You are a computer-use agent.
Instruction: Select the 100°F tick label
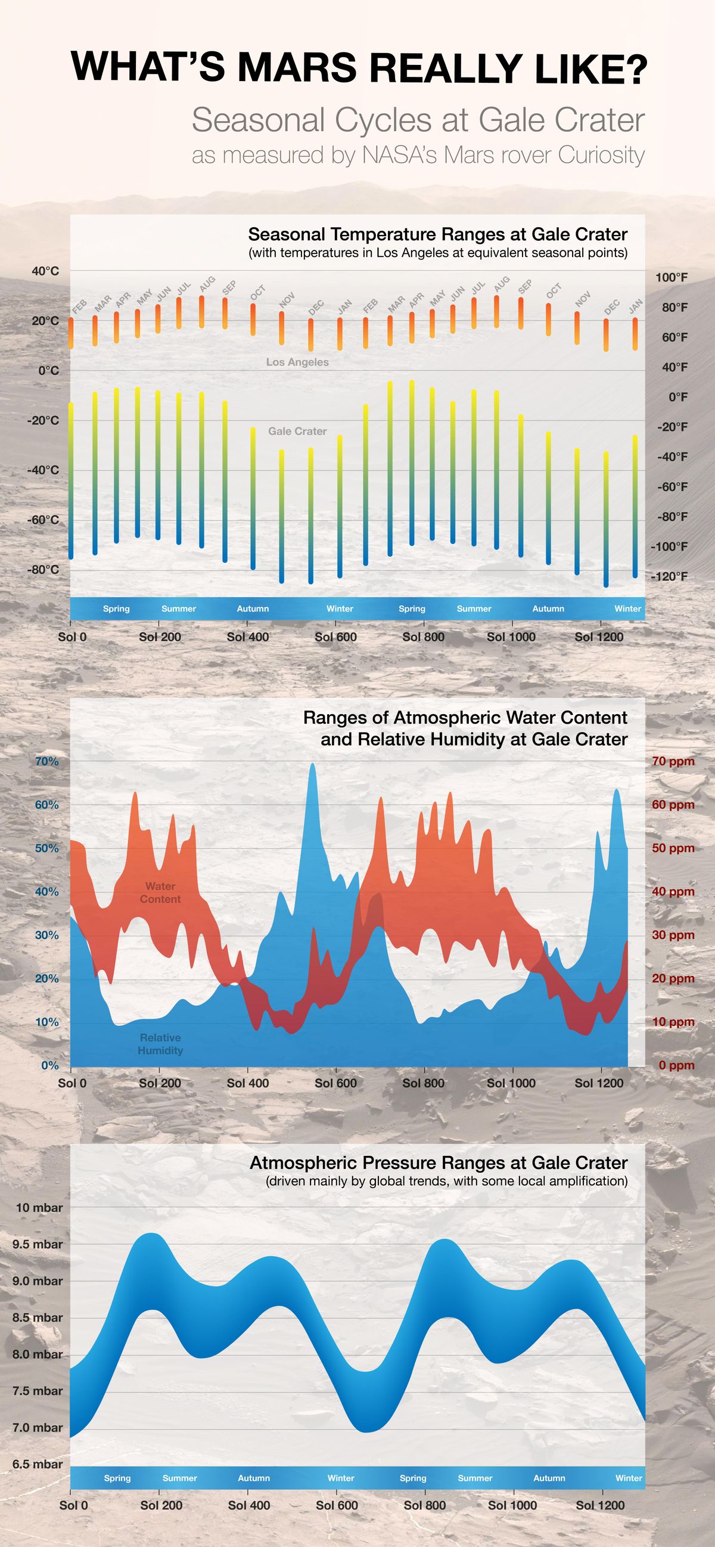point(671,277)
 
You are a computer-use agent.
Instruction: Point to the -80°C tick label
point(43,569)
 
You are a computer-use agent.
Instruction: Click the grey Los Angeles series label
point(297,362)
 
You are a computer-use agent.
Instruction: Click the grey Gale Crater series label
point(297,431)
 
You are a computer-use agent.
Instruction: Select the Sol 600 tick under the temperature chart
point(335,637)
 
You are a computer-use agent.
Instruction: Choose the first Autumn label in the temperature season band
point(253,608)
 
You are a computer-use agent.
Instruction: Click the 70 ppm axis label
point(673,761)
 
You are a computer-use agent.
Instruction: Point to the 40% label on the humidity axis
point(47,892)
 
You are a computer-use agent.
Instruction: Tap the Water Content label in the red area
point(160,892)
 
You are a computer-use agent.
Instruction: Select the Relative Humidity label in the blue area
point(160,1044)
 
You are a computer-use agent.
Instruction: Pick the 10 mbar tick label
point(39,1208)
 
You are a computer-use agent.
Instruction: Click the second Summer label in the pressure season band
point(475,1478)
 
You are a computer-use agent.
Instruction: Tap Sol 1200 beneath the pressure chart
point(600,1505)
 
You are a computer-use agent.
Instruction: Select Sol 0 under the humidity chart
point(72,1083)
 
